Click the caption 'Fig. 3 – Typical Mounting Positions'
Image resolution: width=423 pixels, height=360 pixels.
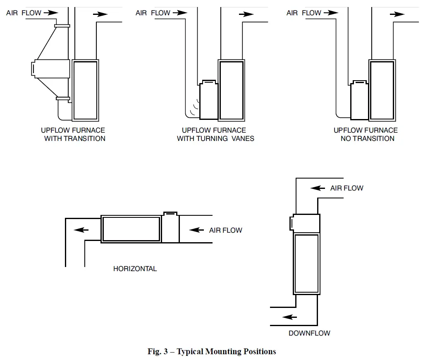click(x=212, y=352)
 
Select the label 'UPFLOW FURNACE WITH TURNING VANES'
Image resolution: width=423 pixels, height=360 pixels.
click(x=215, y=134)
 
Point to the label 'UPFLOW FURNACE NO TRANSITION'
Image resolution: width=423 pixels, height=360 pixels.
click(x=366, y=134)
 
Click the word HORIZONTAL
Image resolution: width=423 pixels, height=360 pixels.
click(x=135, y=269)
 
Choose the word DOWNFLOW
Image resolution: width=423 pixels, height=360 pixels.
click(x=309, y=333)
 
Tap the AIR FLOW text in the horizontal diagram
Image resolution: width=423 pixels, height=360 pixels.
click(x=226, y=230)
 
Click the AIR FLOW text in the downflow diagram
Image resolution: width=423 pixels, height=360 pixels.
click(x=347, y=188)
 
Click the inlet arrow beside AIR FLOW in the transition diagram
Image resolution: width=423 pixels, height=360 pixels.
click(x=50, y=13)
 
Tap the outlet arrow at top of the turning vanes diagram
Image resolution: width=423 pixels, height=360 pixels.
click(x=246, y=14)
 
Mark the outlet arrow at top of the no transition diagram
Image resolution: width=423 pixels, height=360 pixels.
click(x=397, y=14)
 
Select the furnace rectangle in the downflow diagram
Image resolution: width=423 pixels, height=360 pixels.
click(x=306, y=263)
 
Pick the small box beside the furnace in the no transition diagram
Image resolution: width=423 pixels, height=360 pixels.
click(x=359, y=100)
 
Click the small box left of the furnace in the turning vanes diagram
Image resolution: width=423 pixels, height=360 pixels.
click(x=209, y=100)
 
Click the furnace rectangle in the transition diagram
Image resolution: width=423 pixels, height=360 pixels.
click(x=85, y=90)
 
